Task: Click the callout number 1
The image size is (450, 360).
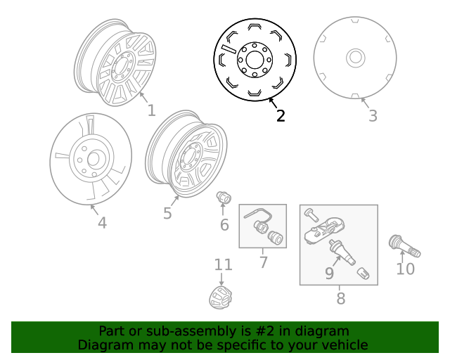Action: point(151,110)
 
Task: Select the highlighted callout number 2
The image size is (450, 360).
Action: point(281,116)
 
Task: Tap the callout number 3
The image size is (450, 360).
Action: point(373,116)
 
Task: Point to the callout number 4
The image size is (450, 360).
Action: point(102,223)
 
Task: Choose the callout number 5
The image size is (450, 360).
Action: point(167,213)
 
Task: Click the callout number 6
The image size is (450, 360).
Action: point(224,225)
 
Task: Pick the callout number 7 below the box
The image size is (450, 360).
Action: point(264,263)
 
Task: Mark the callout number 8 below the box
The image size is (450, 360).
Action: point(340,299)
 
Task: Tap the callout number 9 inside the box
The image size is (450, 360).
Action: point(329,273)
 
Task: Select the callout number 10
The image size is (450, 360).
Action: point(406,269)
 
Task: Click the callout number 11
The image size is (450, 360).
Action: point(223,264)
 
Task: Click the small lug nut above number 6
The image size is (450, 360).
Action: point(224,198)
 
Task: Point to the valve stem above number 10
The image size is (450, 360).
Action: point(404,247)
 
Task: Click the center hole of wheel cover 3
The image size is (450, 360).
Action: point(355,58)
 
